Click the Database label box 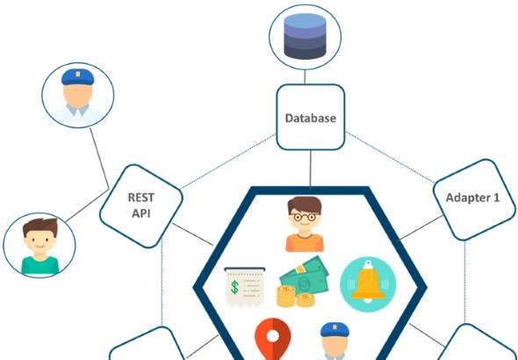311,118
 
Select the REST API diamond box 141,206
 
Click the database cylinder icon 305,36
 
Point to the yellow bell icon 368,284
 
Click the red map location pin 272,339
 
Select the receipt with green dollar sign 245,286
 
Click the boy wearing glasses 305,224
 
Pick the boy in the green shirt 40,247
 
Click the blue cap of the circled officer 77,77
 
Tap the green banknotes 305,275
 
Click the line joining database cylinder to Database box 305,76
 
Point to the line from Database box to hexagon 311,169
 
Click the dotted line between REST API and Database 228,162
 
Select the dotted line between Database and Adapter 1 390,157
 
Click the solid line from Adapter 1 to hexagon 421,227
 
